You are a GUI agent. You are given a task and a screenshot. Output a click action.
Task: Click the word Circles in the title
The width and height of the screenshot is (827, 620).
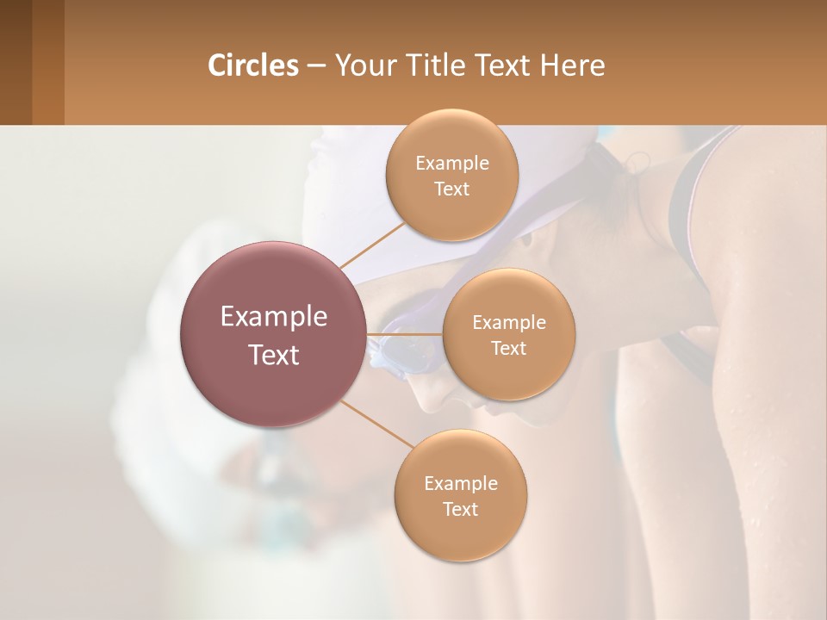click(252, 65)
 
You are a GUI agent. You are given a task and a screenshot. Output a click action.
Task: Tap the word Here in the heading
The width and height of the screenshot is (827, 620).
click(572, 65)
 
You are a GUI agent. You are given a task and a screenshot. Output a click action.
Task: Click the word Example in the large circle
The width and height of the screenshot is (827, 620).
click(274, 317)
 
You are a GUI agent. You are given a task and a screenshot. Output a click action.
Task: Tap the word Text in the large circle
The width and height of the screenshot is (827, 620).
click(274, 355)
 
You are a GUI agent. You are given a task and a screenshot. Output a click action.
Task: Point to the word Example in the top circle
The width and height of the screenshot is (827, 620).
click(452, 163)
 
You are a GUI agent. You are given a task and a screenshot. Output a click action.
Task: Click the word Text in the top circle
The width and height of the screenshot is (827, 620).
click(451, 189)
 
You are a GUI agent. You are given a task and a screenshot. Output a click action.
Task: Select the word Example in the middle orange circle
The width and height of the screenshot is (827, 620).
click(509, 322)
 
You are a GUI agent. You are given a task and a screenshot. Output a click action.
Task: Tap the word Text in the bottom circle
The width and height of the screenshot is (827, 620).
click(460, 509)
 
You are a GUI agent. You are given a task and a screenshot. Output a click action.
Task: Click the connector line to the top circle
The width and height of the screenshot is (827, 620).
click(370, 245)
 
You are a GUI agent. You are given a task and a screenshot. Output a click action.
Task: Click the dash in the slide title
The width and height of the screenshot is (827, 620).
click(316, 66)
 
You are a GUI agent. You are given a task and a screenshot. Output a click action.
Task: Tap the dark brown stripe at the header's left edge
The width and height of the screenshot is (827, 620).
click(16, 62)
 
